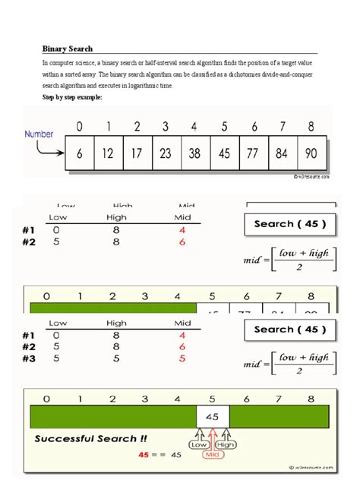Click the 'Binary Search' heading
coord(68,48)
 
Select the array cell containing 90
coord(311,153)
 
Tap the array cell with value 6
coord(79,153)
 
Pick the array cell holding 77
coord(253,153)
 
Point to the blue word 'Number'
coord(39,134)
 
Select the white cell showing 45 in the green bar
coord(213,416)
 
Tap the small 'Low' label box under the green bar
coord(201,445)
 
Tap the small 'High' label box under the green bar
coord(226,445)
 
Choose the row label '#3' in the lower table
coord(30,358)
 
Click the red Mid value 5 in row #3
coord(182,358)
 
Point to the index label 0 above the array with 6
coord(79,126)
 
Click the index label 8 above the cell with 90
coord(311,126)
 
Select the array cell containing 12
coord(108,153)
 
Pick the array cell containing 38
coord(195,153)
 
